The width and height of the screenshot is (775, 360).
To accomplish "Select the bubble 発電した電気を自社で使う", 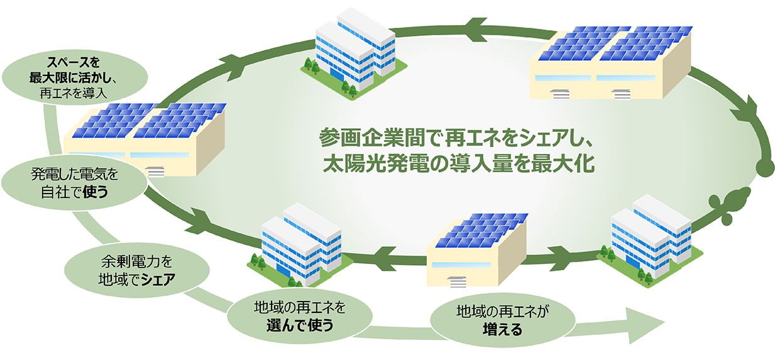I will (75, 182).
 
